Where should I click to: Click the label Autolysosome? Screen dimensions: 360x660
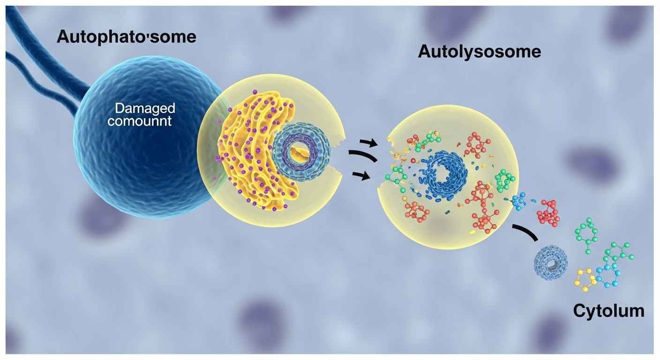(x=479, y=52)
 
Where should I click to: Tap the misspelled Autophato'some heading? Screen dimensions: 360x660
(x=126, y=37)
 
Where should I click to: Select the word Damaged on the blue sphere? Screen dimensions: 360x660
(x=145, y=109)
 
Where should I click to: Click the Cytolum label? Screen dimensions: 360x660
(x=608, y=310)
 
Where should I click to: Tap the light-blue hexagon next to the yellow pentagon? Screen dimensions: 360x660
(x=608, y=276)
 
